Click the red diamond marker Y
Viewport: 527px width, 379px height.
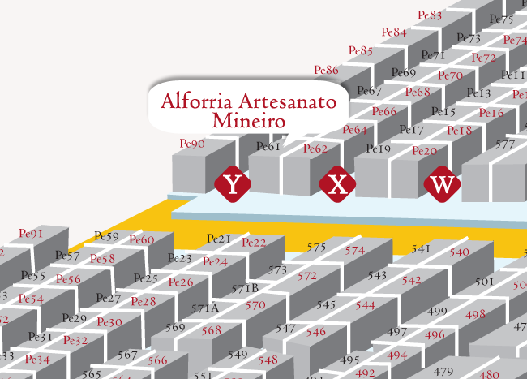pyautogui.click(x=234, y=185)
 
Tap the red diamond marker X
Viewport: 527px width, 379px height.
pyautogui.click(x=337, y=185)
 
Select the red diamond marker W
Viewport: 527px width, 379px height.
pyautogui.click(x=442, y=184)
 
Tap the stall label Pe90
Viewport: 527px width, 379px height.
pyautogui.click(x=192, y=144)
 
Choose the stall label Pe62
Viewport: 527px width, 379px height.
pyautogui.click(x=315, y=149)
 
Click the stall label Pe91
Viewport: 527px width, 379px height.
pyautogui.click(x=30, y=234)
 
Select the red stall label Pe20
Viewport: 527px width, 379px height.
pyautogui.click(x=424, y=151)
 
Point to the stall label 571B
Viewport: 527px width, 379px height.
pyautogui.click(x=245, y=288)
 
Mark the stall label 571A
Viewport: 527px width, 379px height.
pyautogui.click(x=204, y=308)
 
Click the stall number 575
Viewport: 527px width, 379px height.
pyautogui.click(x=316, y=247)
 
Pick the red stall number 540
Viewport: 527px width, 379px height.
pyautogui.click(x=459, y=252)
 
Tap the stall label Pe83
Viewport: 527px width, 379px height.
pyautogui.click(x=430, y=15)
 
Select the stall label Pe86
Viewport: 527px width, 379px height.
pyautogui.click(x=326, y=70)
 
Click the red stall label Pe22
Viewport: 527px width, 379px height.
pyautogui.click(x=254, y=242)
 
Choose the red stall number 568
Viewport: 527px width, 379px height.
pyautogui.click(x=211, y=330)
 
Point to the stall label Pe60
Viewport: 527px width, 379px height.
pyautogui.click(x=142, y=239)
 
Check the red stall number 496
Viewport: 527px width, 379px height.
pyautogui.click(x=435, y=334)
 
